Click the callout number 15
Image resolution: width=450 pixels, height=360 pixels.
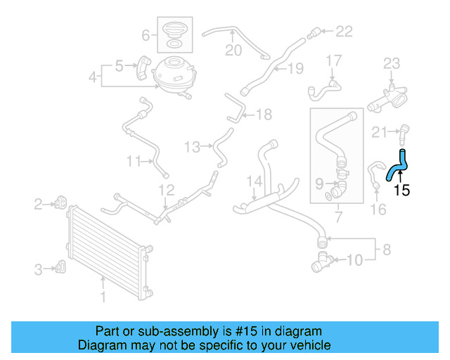pos(401,189)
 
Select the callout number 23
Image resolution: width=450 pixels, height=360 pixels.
pos(392,65)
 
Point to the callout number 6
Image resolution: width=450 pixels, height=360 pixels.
pos(146,34)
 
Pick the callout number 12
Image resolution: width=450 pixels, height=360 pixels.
pos(165,190)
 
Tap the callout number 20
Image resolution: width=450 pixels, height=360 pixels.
pos(233,50)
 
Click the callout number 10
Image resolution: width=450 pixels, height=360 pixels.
pos(355,261)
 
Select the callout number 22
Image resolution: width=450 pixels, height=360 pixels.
pos(344,30)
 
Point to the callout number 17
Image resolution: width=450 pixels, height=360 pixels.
pos(333,60)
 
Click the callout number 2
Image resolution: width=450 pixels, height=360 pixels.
pos(38,205)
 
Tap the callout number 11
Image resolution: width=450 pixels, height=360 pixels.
pos(134,161)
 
